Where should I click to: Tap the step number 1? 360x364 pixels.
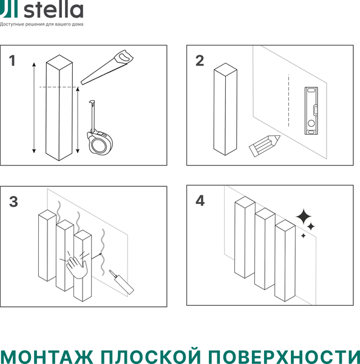coord(12,61)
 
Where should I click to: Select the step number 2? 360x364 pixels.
coord(200,61)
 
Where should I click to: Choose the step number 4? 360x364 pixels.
coord(200,201)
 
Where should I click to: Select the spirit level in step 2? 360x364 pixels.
coord(310,110)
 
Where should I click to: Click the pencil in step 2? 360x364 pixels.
coord(265,146)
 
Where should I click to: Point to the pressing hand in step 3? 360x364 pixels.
coord(76,263)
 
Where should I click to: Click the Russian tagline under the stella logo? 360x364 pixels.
coord(42,25)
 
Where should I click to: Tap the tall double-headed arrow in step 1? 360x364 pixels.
coord(33,107)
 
